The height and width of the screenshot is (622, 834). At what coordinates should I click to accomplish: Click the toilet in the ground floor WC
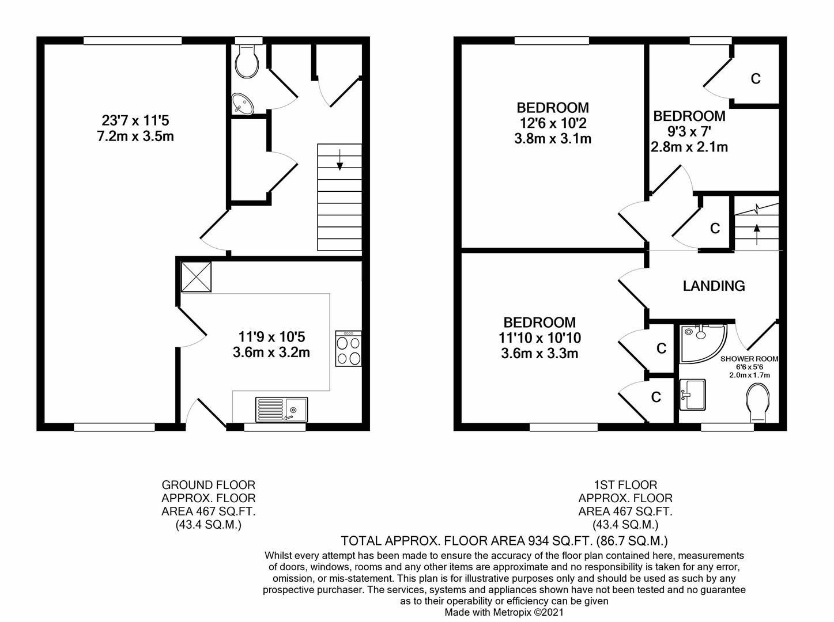(247, 62)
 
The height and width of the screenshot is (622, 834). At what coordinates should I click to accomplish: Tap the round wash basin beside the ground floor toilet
(242, 103)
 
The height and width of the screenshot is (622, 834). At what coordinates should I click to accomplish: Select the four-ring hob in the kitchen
(348, 348)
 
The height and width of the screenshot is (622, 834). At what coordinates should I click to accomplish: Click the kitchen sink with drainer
(281, 409)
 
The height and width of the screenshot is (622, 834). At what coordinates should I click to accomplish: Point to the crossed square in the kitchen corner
(197, 276)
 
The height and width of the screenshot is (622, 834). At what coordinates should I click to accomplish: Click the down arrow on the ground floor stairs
(339, 160)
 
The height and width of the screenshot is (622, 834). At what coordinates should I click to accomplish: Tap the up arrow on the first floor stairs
(757, 234)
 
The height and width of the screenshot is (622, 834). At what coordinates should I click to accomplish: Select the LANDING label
(714, 286)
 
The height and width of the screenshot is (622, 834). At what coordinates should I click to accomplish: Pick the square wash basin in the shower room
(692, 395)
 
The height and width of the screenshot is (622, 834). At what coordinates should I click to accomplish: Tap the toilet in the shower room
(758, 403)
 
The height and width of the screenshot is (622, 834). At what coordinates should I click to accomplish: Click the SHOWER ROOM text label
(749, 359)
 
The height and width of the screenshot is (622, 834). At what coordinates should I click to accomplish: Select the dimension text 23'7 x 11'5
(135, 121)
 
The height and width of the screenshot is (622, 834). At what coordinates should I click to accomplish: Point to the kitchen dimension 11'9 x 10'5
(271, 336)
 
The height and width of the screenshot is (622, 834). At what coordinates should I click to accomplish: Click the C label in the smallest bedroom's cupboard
(756, 78)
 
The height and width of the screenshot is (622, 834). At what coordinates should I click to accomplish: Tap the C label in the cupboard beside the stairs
(715, 228)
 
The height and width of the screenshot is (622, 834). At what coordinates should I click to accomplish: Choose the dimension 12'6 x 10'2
(553, 123)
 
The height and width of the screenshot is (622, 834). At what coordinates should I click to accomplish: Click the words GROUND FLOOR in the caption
(209, 485)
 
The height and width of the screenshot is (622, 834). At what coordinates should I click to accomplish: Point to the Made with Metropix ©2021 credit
(504, 612)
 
